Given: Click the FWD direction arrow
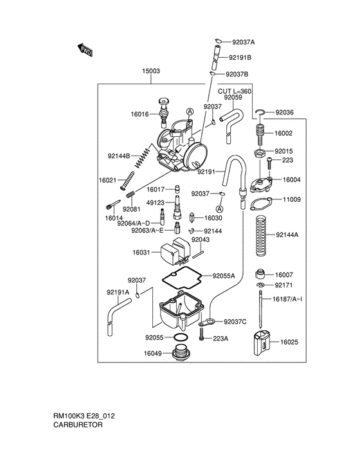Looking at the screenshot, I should click(84, 49).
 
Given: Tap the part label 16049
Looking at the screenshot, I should click(152, 353).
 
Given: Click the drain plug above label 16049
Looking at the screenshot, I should click(179, 353).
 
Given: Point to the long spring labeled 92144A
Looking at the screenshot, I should click(260, 234).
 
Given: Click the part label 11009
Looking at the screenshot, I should click(291, 200).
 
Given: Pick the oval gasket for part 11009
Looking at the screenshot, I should click(260, 204).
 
